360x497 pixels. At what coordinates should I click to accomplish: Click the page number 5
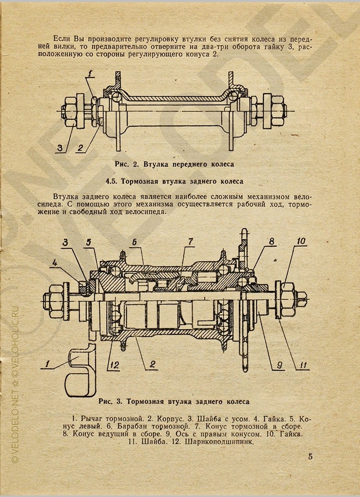(311, 457)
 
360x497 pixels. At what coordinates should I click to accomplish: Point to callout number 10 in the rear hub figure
(301, 240)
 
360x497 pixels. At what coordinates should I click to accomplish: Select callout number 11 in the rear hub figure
(302, 365)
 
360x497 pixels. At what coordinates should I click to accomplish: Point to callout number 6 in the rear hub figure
(134, 242)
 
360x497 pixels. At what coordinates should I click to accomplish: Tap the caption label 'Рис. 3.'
(110, 401)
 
